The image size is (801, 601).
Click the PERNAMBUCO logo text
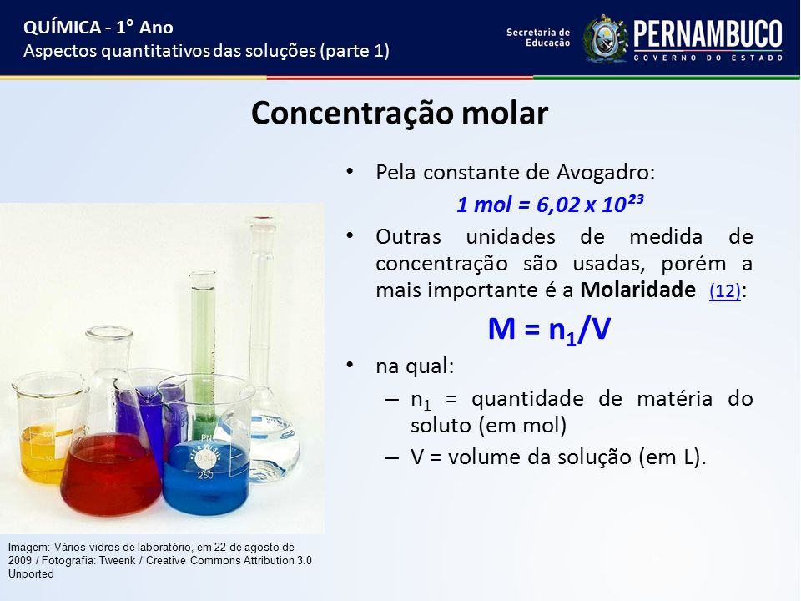[x=708, y=35]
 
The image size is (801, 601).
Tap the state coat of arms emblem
[x=606, y=39]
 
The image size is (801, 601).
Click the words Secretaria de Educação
[x=538, y=38]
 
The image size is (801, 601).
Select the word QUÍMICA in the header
[x=62, y=27]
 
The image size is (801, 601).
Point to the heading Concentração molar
[x=400, y=113]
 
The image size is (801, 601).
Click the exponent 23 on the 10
[x=635, y=199]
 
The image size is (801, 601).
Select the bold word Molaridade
[x=637, y=290]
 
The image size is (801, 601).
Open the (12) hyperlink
[x=725, y=290]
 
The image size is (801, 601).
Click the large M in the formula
[x=501, y=328]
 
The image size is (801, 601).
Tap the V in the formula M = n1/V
[x=601, y=328]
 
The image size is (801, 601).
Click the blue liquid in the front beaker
[x=208, y=477]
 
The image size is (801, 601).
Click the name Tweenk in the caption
[x=117, y=561]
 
